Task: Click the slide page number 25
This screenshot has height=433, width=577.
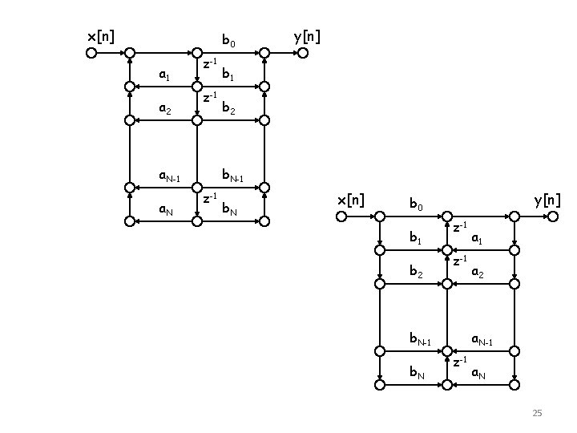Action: (537, 413)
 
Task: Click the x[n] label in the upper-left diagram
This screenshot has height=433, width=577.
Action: (101, 36)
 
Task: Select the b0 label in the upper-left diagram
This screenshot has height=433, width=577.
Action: (228, 41)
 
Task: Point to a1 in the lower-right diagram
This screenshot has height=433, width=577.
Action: (477, 238)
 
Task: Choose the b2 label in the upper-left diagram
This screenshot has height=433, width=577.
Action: (229, 109)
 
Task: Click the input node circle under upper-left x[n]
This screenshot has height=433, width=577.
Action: (91, 54)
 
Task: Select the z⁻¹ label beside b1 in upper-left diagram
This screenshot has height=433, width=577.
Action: (209, 63)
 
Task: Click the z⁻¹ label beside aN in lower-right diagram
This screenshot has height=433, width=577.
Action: (459, 362)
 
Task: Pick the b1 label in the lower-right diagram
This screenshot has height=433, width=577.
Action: (416, 237)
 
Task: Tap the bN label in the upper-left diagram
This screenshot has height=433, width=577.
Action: (230, 210)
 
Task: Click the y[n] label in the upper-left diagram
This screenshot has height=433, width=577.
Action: (308, 36)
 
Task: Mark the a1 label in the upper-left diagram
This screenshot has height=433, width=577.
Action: (163, 76)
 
